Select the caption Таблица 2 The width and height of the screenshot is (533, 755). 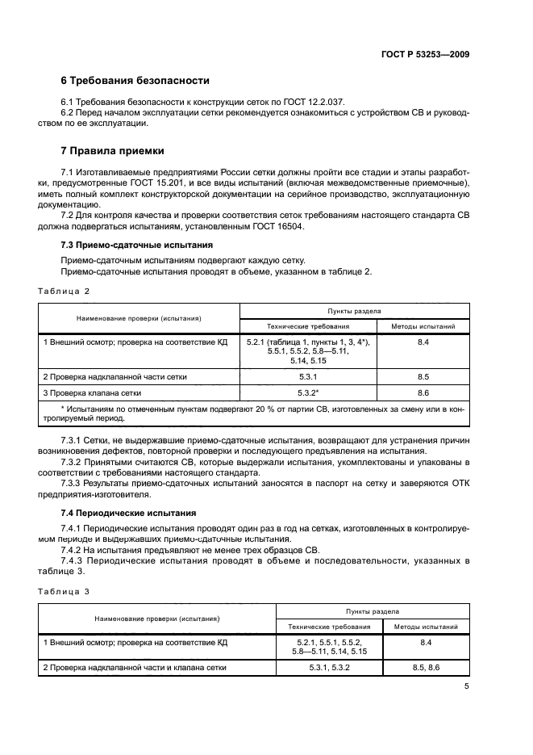pyautogui.click(x=65, y=290)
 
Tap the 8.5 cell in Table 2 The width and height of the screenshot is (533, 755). pyautogui.click(x=423, y=376)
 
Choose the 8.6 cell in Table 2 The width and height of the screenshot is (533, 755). pyautogui.click(x=423, y=392)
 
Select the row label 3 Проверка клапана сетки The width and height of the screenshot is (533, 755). pyautogui.click(x=93, y=392)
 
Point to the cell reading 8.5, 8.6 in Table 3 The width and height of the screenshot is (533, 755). pyautogui.click(x=426, y=667)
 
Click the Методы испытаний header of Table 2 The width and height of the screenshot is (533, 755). pyautogui.click(x=423, y=327)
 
